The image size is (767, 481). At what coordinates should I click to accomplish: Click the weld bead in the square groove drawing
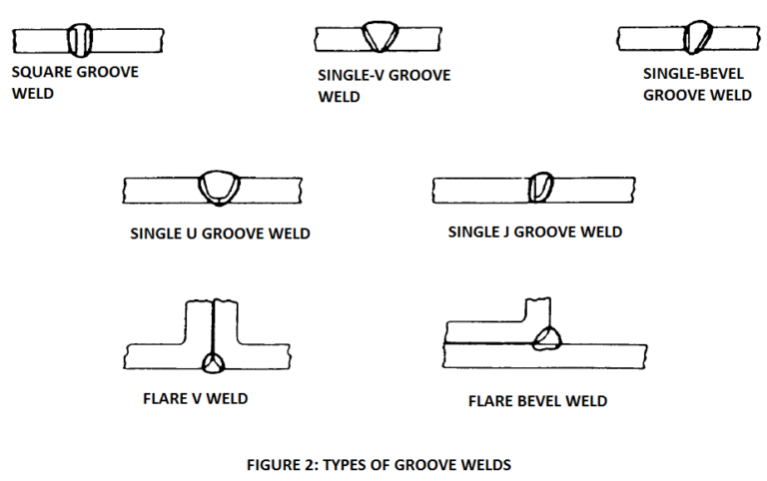80,40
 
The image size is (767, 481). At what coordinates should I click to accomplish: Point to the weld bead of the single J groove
539,188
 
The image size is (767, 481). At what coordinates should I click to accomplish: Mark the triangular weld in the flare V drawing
214,361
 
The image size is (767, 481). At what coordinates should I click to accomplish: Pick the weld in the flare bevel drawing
546,340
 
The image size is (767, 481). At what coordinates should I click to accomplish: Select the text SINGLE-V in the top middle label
350,76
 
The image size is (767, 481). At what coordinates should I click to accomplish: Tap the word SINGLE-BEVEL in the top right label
693,74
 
